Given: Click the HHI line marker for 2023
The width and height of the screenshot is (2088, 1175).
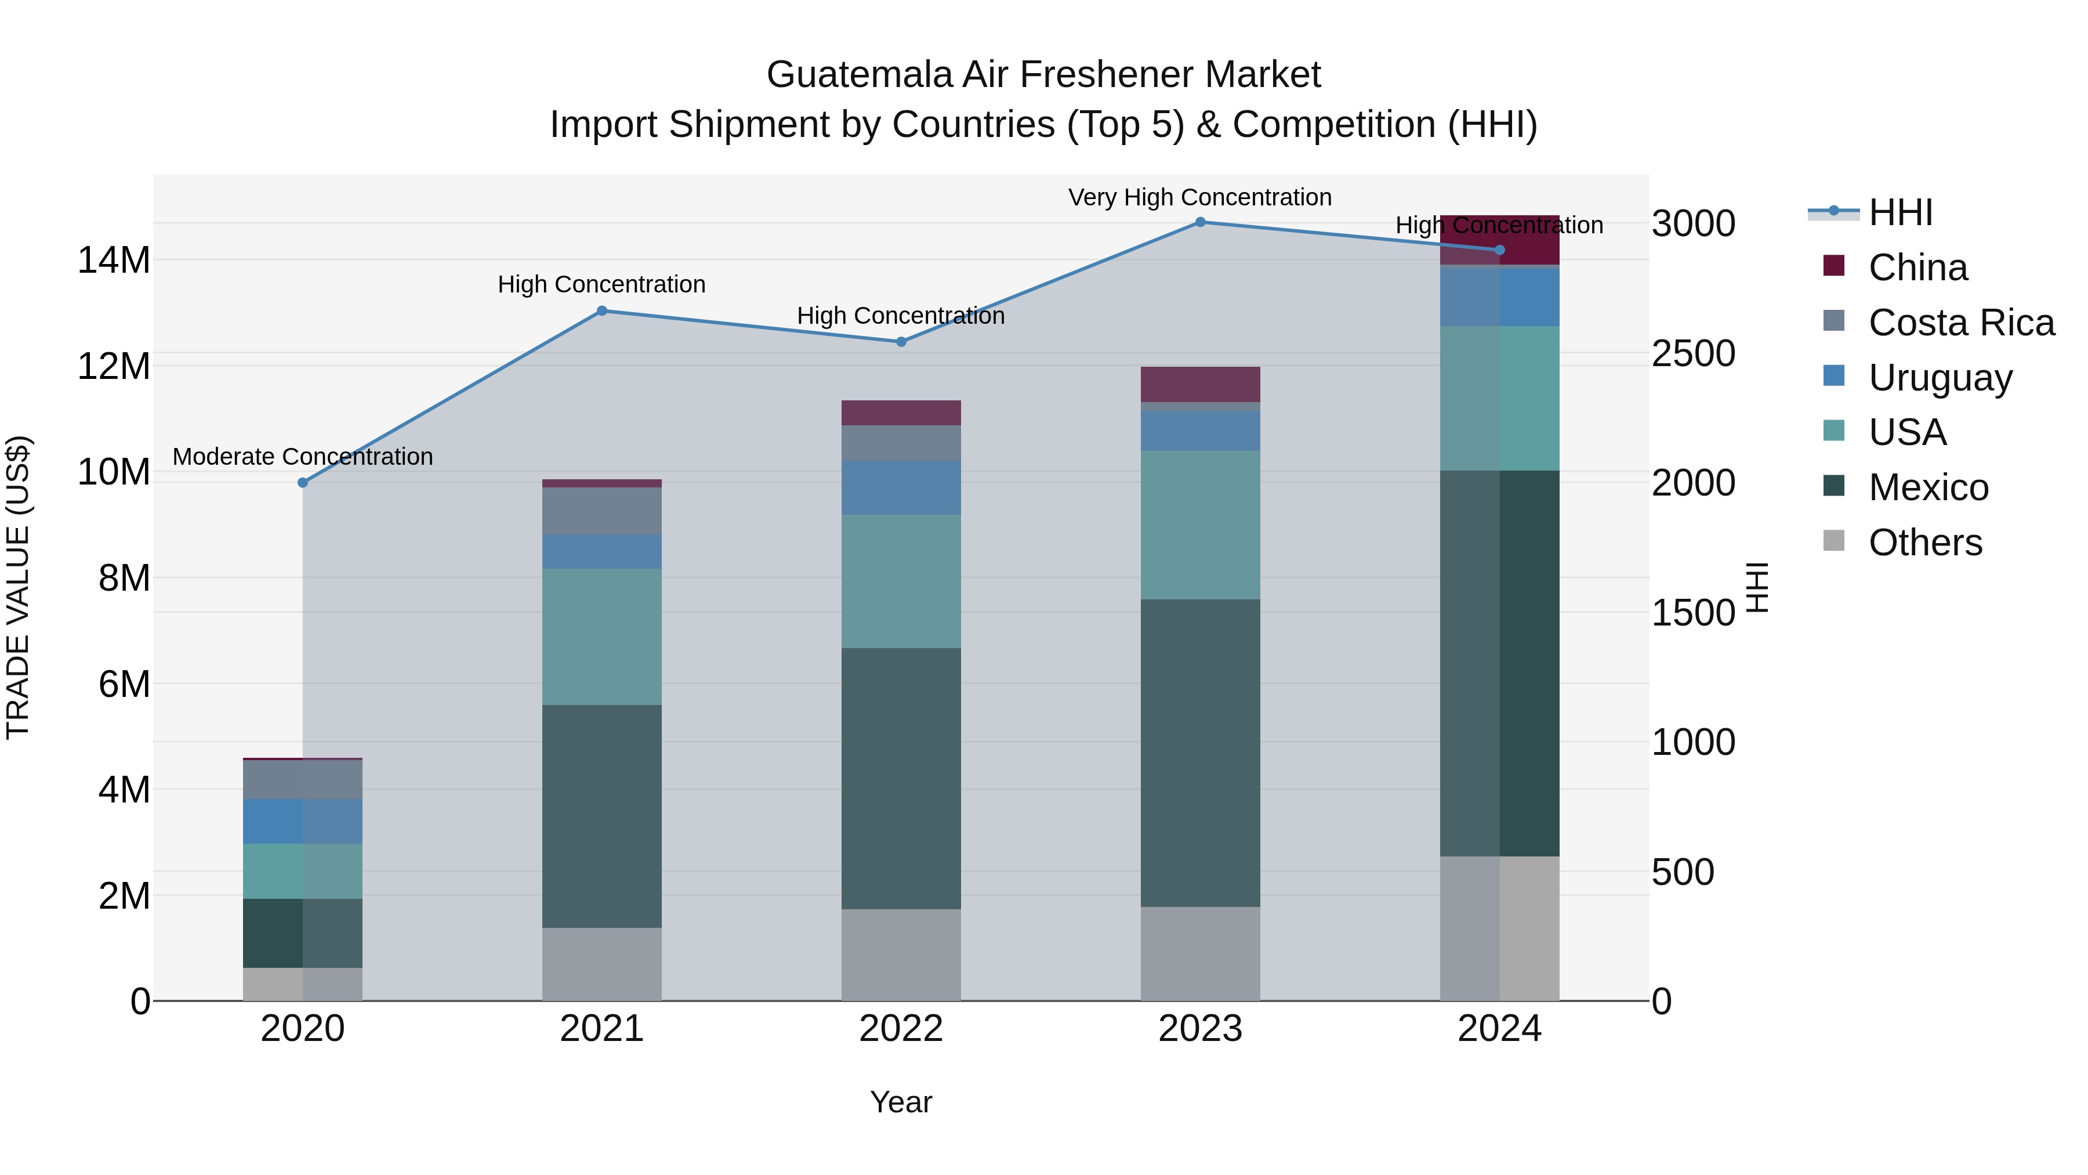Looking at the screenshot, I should pyautogui.click(x=1201, y=222).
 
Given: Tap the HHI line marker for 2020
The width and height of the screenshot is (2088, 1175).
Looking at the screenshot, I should pyautogui.click(x=303, y=483).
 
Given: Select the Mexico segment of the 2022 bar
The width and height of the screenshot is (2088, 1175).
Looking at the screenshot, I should pyautogui.click(x=901, y=779).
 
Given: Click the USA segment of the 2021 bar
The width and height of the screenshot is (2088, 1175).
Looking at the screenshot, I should pyautogui.click(x=601, y=637).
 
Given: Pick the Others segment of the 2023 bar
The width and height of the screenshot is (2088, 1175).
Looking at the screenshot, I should pyautogui.click(x=1201, y=953).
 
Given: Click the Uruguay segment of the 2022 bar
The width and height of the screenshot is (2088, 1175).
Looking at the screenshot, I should pyautogui.click(x=901, y=487).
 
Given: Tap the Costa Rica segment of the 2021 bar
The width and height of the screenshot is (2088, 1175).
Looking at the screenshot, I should pyautogui.click(x=601, y=511).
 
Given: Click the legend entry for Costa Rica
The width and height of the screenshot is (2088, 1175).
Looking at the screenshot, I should pyautogui.click(x=1961, y=323).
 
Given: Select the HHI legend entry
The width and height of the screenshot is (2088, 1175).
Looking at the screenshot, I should pyautogui.click(x=1900, y=212).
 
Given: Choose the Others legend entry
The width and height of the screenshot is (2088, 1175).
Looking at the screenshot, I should pyautogui.click(x=1924, y=543).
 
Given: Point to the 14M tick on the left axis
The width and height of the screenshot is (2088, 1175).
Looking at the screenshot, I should pyautogui.click(x=114, y=261).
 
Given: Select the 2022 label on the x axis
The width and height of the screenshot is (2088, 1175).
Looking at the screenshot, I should pyautogui.click(x=901, y=1029).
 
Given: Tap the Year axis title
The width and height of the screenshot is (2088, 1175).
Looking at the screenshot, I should pyautogui.click(x=901, y=1102).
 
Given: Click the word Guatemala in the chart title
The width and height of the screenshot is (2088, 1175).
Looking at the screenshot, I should pyautogui.click(x=859, y=75).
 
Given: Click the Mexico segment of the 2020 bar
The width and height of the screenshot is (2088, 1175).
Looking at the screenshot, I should pyautogui.click(x=273, y=932).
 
